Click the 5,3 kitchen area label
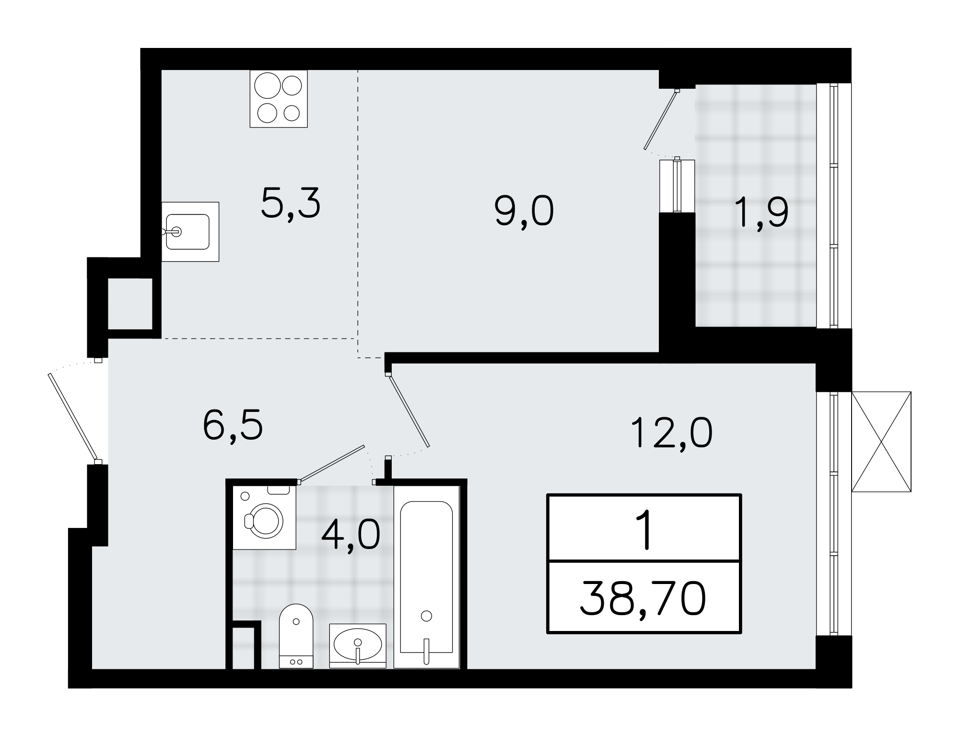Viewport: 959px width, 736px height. coord(291,204)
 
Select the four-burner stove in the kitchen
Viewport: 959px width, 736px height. coord(279,99)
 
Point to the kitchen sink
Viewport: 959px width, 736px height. coord(188,232)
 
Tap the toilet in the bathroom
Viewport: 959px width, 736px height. coord(296,635)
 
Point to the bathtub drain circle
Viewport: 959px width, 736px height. coord(426,616)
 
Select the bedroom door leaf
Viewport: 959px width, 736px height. coord(409,410)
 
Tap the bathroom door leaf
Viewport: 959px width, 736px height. coord(332,463)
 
